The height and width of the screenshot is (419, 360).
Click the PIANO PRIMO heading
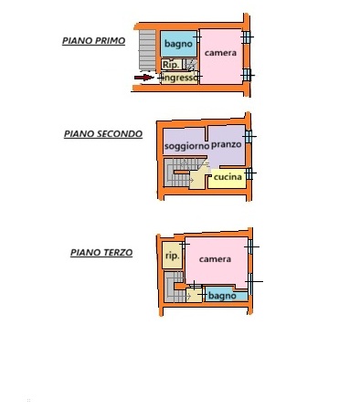93,41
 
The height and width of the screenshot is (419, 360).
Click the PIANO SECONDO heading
103,134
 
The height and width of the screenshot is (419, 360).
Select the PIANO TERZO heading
101,253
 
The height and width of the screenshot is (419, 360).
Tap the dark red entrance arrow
144,78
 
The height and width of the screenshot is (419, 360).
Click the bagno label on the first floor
178,44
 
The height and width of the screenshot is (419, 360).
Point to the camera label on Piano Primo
220,53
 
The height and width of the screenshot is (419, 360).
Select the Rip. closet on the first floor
172,64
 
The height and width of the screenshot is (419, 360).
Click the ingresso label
180,78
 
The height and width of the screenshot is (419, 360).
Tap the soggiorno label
186,146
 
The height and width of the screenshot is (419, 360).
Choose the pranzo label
227,144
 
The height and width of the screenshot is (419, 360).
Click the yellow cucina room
227,178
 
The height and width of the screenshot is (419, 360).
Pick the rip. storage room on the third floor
172,255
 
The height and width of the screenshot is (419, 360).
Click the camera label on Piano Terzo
215,259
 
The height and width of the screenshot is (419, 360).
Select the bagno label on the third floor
222,296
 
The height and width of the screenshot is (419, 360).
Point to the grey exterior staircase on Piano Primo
147,49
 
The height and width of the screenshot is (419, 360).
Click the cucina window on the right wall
249,173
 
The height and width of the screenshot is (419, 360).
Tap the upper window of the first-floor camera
247,37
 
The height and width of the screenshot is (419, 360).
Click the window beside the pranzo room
249,137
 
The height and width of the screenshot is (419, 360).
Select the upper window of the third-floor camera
250,246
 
